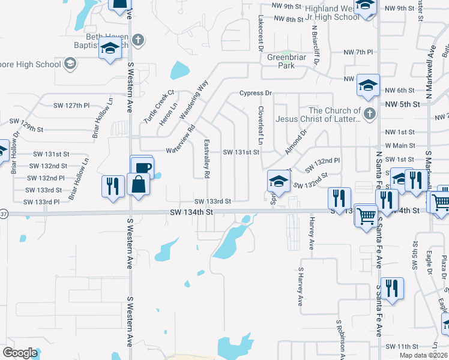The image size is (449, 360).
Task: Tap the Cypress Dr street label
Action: [256, 93]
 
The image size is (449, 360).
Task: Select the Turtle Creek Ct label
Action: [158, 107]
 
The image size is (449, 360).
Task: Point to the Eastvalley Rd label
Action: [206, 158]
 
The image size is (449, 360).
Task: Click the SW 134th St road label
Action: [191, 212]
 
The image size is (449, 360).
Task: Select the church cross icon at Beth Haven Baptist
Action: [138, 41]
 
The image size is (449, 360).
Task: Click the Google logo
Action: [20, 353]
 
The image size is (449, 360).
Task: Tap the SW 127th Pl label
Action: [71, 105]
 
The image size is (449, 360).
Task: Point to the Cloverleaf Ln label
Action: [260, 125]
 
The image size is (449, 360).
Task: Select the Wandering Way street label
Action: [193, 99]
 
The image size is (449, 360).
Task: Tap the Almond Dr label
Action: [295, 141]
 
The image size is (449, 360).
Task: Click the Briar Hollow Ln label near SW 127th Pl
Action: [103, 118]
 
